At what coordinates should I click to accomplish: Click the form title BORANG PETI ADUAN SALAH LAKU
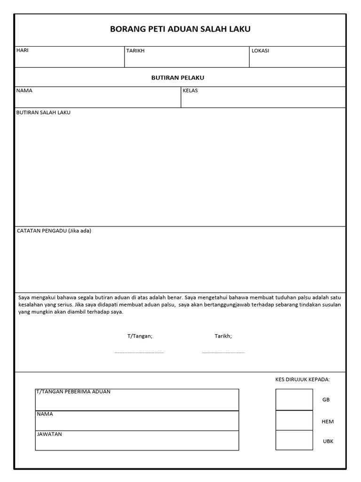pos(180,29)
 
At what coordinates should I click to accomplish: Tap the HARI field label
pos(23,50)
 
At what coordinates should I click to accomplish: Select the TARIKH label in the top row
pos(135,51)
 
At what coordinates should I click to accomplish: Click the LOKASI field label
pos(260,51)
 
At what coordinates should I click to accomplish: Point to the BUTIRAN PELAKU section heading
pos(178,78)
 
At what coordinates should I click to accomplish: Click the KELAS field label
pos(190,91)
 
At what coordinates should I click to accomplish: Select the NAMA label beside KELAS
pos(24,91)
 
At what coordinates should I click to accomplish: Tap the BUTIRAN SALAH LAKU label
pos(43,113)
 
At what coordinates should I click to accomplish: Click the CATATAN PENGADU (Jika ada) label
pos(54,231)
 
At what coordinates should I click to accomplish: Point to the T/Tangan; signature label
pos(140,336)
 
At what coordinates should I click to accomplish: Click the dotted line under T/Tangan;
pos(139,352)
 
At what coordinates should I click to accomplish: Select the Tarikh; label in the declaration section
pos(223,336)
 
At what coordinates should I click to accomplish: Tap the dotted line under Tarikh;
pos(223,352)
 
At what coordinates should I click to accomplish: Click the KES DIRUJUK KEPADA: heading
pos(302,379)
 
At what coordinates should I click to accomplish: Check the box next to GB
pos(294,400)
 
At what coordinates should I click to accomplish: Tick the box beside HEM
pos(294,420)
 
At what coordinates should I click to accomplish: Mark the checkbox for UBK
pos(294,440)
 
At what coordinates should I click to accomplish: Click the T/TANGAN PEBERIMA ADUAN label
pos(73,392)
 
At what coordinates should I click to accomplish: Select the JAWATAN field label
pos(49,434)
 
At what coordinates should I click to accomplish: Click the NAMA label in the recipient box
pos(45,414)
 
